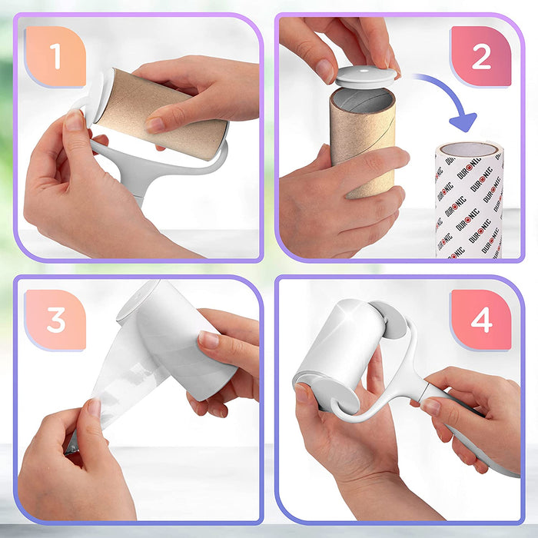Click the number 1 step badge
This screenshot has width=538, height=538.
(x=55, y=57)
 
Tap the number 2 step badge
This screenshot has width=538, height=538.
(x=481, y=57)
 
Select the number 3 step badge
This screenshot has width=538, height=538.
(x=55, y=320)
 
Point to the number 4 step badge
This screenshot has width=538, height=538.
(x=481, y=320)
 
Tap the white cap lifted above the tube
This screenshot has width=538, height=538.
(x=367, y=75)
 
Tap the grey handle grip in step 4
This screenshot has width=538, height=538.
(x=469, y=430)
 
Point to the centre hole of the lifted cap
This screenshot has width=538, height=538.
(x=367, y=74)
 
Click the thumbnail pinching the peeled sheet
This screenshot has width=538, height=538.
(x=93, y=408)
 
